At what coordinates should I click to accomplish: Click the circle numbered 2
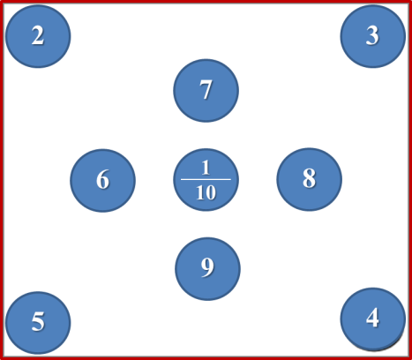(x=38, y=36)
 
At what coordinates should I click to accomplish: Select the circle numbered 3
(x=373, y=36)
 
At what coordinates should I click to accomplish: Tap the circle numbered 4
(x=373, y=319)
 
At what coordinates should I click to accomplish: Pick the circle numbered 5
(x=38, y=323)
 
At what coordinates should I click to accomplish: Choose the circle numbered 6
(x=102, y=180)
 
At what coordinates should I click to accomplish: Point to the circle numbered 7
(x=206, y=91)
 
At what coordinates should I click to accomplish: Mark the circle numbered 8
(x=309, y=179)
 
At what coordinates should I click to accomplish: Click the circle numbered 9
(x=207, y=269)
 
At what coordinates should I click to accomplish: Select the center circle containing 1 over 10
(x=206, y=180)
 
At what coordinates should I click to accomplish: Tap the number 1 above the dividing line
(x=206, y=168)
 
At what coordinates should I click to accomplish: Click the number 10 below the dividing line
(x=206, y=193)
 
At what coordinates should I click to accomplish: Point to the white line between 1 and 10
(x=206, y=179)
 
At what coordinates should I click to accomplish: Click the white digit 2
(x=38, y=35)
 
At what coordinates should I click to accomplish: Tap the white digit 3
(x=372, y=35)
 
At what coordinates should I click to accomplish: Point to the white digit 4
(x=372, y=318)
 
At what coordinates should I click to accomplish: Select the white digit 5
(x=38, y=321)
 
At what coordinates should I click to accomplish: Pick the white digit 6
(x=102, y=179)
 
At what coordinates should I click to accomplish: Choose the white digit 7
(x=206, y=90)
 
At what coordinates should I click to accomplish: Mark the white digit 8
(x=309, y=178)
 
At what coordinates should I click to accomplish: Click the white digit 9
(x=207, y=267)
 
